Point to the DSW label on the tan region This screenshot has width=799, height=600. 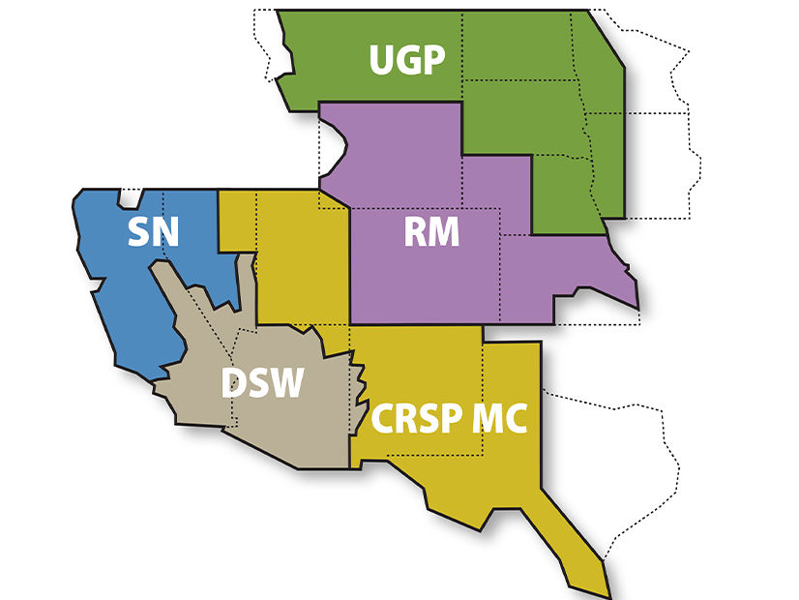[x=262, y=383]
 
